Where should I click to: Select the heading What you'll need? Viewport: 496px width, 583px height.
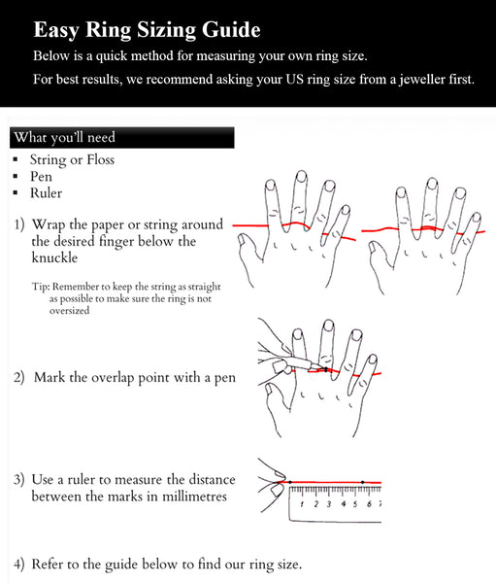64,137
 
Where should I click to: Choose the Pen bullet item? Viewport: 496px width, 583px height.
41,177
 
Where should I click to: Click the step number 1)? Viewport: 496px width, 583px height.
19,224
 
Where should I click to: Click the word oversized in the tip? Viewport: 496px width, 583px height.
69,311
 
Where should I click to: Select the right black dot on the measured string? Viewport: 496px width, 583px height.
362,482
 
